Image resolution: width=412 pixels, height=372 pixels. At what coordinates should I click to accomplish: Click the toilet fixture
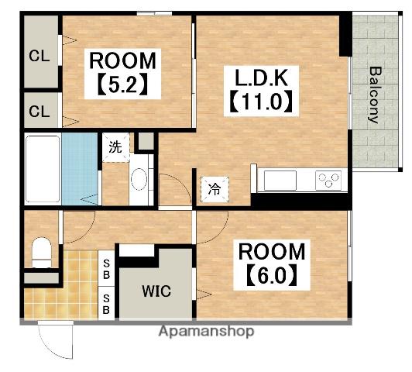pyautogui.click(x=42, y=252)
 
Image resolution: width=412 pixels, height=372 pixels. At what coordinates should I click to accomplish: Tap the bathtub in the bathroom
pyautogui.click(x=43, y=169)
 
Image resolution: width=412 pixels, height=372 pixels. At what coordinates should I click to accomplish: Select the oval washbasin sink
pyautogui.click(x=139, y=179)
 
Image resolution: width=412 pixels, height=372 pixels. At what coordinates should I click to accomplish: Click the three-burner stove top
pyautogui.click(x=328, y=181)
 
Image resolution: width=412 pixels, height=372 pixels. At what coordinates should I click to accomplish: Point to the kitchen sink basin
pyautogui.click(x=280, y=181)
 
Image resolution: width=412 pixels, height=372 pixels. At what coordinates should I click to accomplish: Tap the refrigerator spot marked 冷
pyautogui.click(x=215, y=189)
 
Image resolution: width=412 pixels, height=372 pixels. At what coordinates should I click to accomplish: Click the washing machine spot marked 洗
pyautogui.click(x=116, y=147)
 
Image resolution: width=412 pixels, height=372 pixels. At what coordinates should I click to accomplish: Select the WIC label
pyautogui.click(x=156, y=291)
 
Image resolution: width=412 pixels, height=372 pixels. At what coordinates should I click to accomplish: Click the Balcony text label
pyautogui.click(x=375, y=95)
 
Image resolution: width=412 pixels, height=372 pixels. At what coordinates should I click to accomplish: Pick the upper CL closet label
pyautogui.click(x=39, y=56)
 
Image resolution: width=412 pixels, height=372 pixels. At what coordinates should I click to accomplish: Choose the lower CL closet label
pyautogui.click(x=39, y=112)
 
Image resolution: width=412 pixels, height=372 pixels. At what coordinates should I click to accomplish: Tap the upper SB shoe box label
pyautogui.click(x=106, y=269)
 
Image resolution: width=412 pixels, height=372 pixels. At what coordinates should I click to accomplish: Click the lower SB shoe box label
pyautogui.click(x=106, y=304)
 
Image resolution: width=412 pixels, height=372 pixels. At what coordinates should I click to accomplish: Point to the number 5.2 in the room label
pyautogui.click(x=122, y=85)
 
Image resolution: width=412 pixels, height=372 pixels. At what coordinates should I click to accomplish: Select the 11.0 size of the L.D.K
pyautogui.click(x=262, y=102)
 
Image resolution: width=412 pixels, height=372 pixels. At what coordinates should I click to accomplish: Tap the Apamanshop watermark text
pyautogui.click(x=207, y=331)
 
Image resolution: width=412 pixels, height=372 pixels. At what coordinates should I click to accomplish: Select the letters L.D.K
pyautogui.click(x=262, y=77)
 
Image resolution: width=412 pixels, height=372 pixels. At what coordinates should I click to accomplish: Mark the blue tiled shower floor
pyautogui.click(x=80, y=169)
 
